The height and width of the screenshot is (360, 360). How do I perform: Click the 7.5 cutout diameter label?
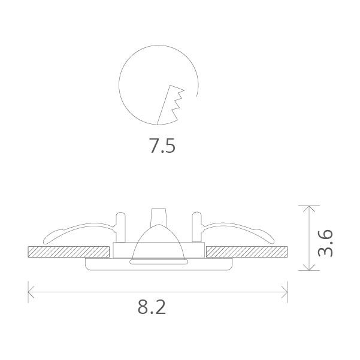pos(162,146)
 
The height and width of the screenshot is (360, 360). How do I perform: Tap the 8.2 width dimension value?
pos(151,307)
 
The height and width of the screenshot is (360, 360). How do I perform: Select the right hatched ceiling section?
pos(246,252)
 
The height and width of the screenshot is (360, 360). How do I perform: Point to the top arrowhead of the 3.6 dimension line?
pos(308,208)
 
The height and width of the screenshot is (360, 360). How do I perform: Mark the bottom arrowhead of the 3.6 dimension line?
pos(308,268)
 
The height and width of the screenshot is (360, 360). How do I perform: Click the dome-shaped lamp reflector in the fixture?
pos(158,243)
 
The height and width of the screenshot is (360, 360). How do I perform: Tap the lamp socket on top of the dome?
pos(158,216)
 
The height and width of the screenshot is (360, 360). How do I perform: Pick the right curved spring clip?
pos(240,230)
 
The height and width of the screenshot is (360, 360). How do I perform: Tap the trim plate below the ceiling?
pos(158,264)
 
